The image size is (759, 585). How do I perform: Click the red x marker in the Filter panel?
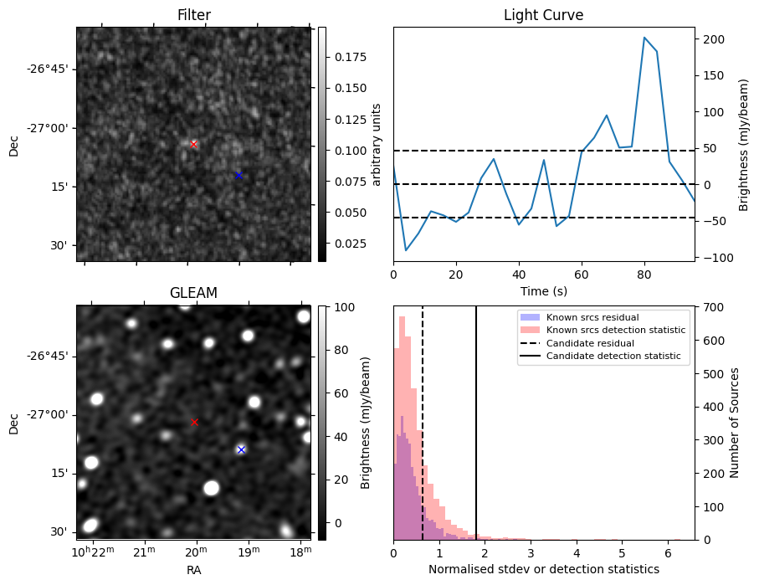(x=193, y=144)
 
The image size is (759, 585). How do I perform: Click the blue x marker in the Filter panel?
(x=238, y=175)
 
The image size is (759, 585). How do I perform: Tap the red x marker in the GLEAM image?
(x=194, y=422)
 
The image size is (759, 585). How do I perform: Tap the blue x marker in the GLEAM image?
(x=241, y=449)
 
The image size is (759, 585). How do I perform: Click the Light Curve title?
(x=543, y=15)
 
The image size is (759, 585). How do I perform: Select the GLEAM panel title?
(x=193, y=293)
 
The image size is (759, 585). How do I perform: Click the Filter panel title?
(x=193, y=15)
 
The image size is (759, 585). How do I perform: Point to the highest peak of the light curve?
(x=644, y=38)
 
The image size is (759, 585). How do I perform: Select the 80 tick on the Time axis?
(x=644, y=274)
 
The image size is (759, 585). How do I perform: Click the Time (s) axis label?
(x=543, y=290)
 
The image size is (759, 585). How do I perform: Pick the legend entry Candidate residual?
(x=587, y=343)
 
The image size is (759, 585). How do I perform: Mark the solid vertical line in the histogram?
(x=476, y=418)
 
